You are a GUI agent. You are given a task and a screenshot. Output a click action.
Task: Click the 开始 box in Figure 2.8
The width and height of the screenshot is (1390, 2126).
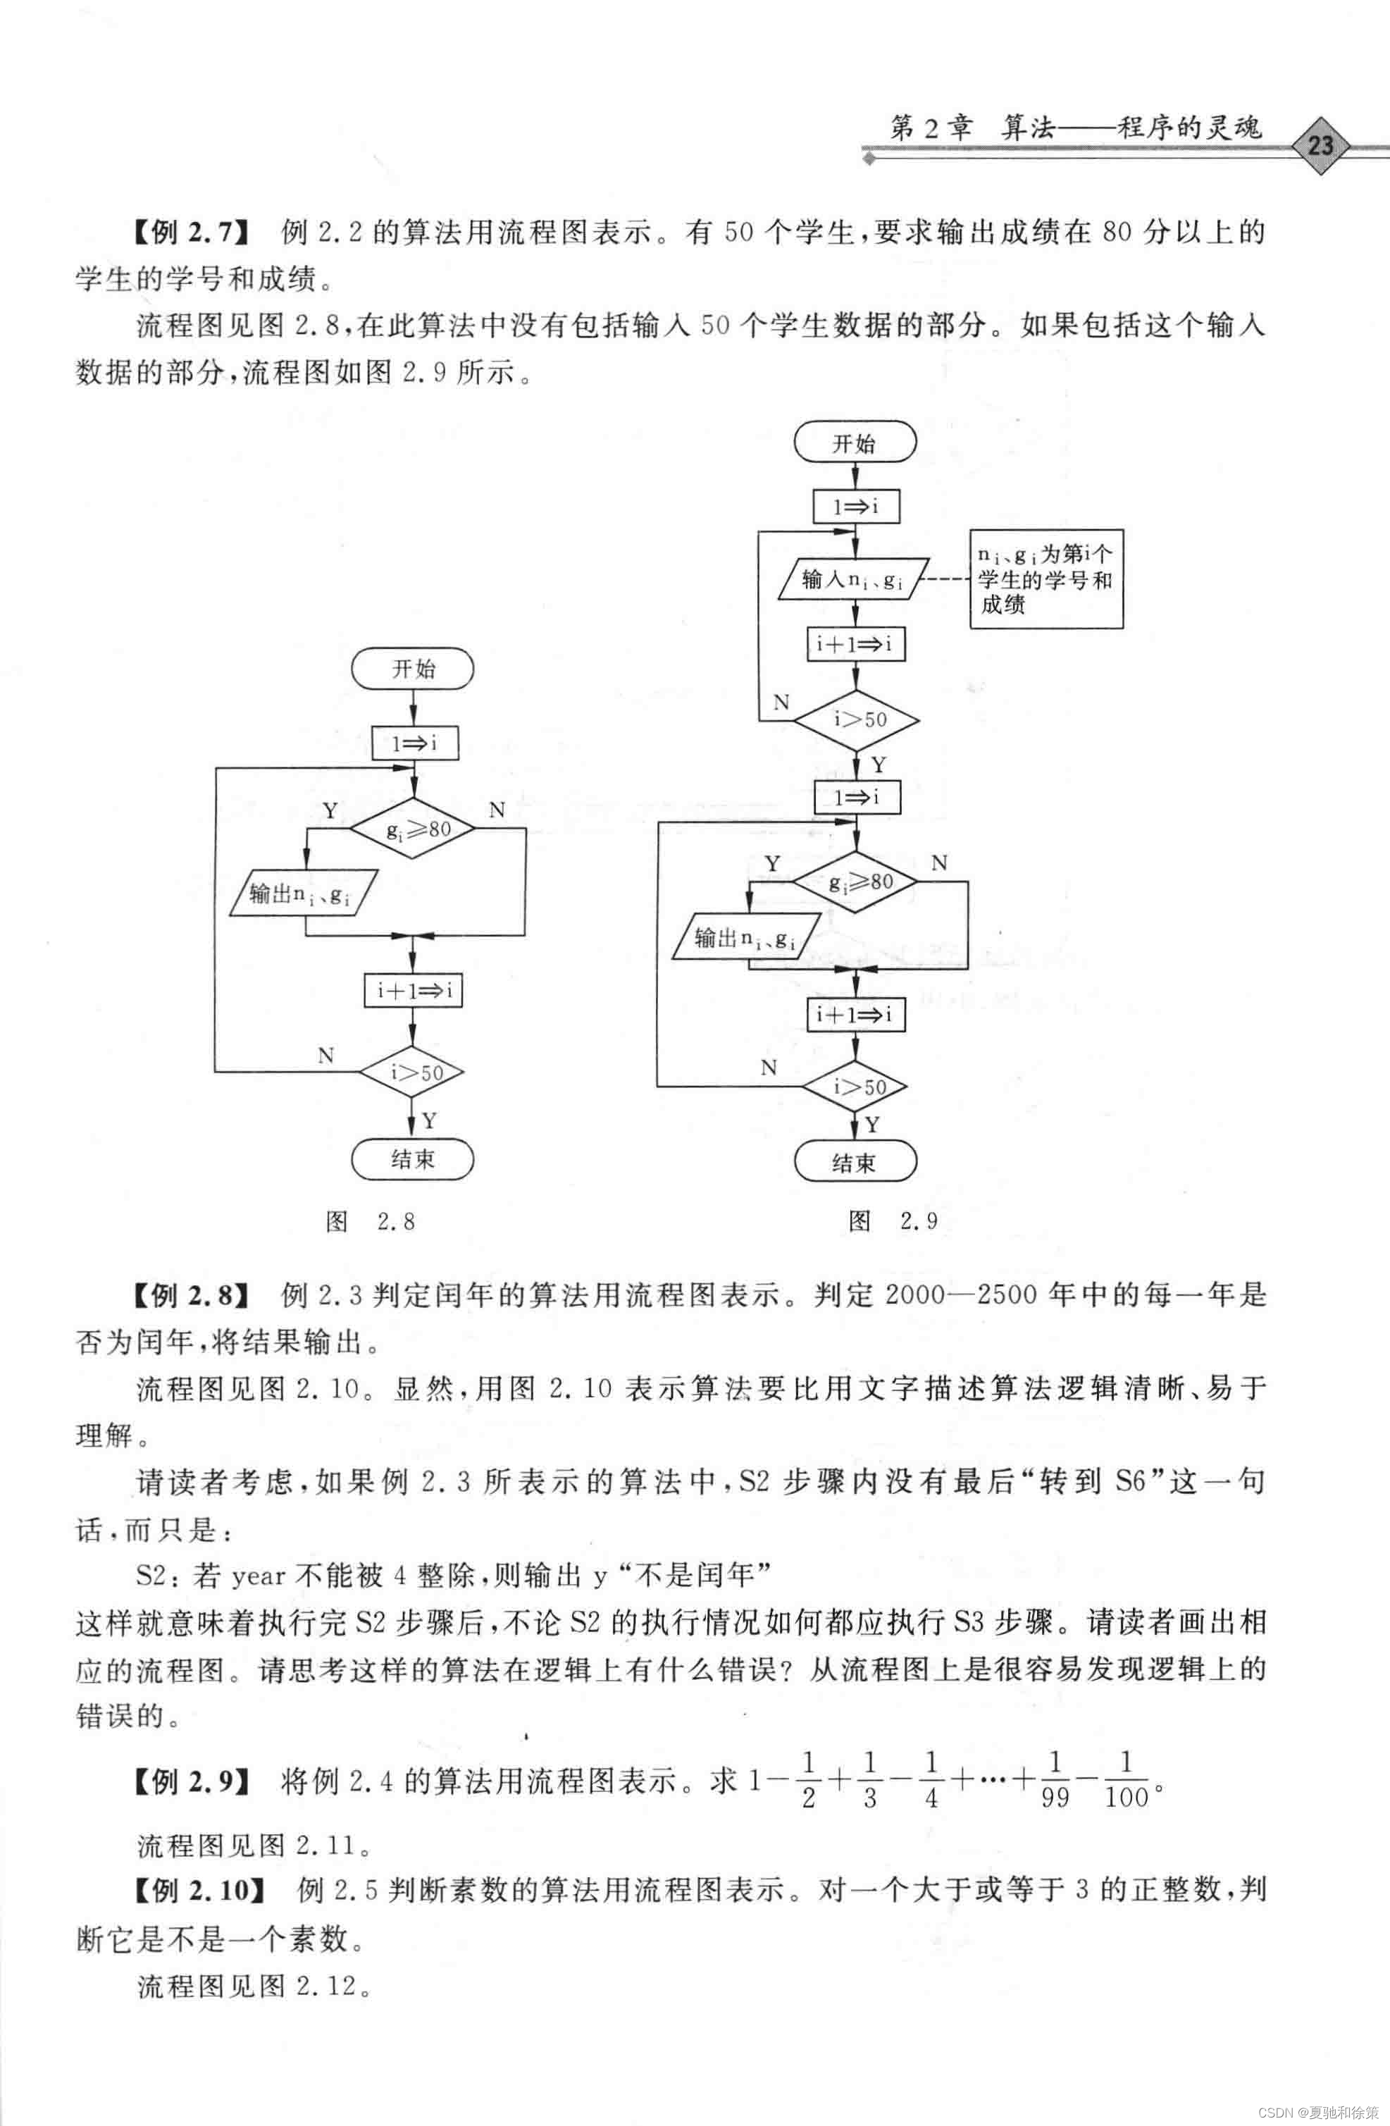coord(413,669)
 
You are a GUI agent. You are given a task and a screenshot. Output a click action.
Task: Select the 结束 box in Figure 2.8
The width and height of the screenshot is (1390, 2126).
coord(413,1159)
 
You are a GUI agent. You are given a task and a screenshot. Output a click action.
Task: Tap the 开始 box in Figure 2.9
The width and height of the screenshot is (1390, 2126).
coord(855,443)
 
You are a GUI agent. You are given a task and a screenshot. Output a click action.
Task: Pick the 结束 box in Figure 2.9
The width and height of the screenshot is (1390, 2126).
coord(855,1162)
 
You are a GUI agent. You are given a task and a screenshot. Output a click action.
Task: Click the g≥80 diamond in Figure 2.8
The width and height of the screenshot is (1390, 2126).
coord(413,829)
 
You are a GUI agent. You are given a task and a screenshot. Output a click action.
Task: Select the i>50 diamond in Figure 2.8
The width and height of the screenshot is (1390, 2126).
coord(413,1072)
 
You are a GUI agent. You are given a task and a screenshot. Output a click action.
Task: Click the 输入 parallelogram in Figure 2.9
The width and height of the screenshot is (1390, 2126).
coord(854,580)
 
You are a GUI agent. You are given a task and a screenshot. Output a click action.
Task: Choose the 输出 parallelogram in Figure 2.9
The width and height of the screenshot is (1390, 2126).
coord(747,937)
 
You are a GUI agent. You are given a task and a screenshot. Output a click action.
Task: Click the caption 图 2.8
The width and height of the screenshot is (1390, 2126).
coord(370,1221)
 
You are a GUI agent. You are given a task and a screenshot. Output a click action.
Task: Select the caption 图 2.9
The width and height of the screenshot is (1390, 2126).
coord(893,1220)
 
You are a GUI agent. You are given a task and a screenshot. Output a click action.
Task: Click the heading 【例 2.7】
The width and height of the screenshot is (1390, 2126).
coord(190,233)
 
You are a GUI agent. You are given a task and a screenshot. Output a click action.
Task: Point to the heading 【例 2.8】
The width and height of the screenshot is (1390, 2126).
coord(190,1294)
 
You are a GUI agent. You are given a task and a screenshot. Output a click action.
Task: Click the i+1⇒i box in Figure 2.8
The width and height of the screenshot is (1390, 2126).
coord(413,990)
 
